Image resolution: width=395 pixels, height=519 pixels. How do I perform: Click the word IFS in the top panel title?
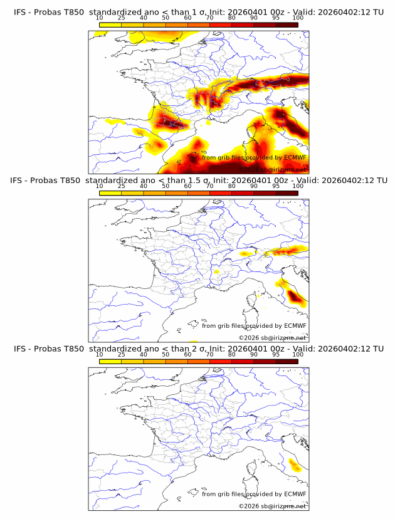[x=21, y=12]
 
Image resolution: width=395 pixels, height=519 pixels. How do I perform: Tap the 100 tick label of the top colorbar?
[x=298, y=18]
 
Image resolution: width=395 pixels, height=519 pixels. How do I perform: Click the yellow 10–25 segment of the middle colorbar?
[x=110, y=193]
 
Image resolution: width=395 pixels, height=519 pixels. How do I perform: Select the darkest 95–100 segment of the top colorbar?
[x=287, y=24]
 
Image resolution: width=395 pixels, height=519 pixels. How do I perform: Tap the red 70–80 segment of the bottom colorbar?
[x=221, y=361]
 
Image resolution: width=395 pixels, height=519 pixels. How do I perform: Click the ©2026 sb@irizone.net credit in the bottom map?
[x=273, y=506]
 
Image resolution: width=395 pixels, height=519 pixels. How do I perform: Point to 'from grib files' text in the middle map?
[x=223, y=325]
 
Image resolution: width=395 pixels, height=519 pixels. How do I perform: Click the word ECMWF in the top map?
[x=295, y=157]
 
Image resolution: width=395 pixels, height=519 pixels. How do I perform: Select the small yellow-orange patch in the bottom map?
[x=294, y=464]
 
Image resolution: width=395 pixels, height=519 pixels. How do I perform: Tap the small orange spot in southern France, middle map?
[x=217, y=272]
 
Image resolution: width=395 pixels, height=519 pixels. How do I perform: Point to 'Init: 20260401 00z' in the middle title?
[x=251, y=181]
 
